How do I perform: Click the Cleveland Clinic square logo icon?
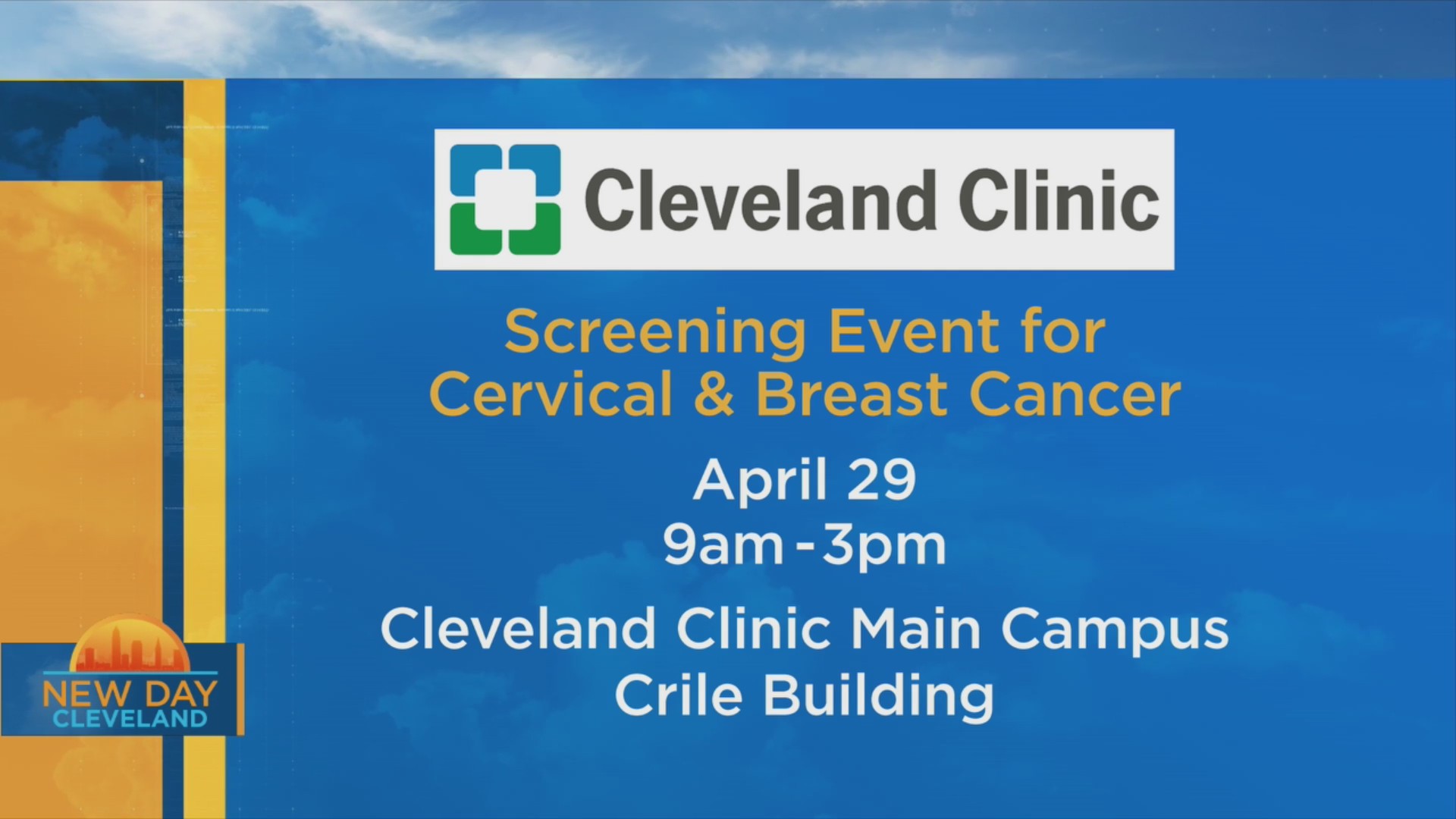click(505, 199)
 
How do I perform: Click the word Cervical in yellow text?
click(551, 394)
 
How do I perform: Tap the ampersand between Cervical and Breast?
click(714, 395)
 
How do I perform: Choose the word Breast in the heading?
click(852, 394)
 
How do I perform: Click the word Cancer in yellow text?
click(1075, 395)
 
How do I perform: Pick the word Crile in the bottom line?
click(679, 695)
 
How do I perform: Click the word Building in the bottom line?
click(878, 696)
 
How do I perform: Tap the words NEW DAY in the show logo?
click(130, 693)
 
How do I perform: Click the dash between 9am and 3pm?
click(803, 546)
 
